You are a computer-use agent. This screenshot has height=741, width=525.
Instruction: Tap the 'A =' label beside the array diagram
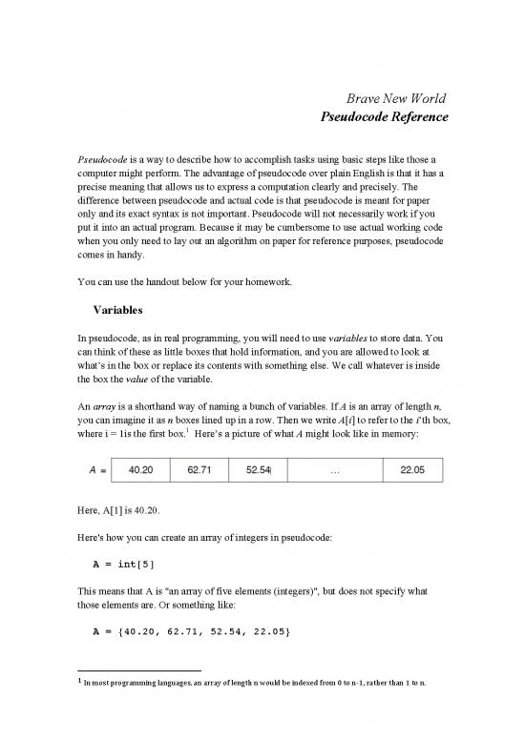90,470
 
